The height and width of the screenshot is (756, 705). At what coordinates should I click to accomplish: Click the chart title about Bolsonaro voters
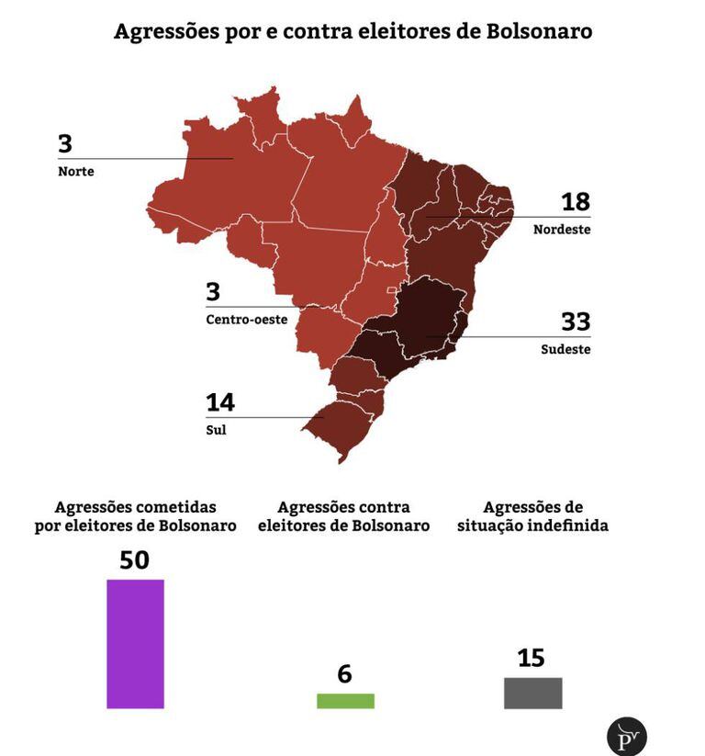(352, 31)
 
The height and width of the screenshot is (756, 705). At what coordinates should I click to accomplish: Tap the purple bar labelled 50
(135, 643)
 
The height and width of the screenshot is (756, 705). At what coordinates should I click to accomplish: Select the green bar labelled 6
(345, 701)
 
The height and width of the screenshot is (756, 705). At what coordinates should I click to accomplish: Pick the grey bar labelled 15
(532, 693)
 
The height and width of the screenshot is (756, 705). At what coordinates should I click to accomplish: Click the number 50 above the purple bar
(134, 560)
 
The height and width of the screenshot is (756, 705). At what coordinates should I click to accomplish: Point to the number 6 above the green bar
(344, 674)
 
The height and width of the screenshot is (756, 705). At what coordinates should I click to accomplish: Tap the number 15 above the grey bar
(531, 658)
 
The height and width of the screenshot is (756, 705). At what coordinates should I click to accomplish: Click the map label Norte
(76, 172)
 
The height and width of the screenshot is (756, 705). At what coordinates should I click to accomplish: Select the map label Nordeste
(562, 230)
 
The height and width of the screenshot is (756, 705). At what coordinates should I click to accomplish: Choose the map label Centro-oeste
(246, 320)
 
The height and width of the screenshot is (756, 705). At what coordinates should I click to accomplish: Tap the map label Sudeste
(565, 350)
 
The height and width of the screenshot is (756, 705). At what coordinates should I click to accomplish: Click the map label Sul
(216, 429)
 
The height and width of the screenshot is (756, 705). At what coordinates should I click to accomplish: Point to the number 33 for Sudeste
(576, 322)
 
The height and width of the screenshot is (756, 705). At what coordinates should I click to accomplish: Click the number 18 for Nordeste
(576, 202)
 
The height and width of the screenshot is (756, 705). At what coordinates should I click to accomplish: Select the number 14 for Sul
(220, 402)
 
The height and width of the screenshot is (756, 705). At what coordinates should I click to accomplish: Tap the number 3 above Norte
(65, 144)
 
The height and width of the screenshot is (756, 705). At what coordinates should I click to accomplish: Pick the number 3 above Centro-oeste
(213, 292)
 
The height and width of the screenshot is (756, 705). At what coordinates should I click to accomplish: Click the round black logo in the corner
(627, 737)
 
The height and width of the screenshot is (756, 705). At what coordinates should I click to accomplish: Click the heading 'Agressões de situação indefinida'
(532, 516)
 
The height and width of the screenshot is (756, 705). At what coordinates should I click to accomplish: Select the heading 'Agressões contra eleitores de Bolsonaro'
(343, 516)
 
